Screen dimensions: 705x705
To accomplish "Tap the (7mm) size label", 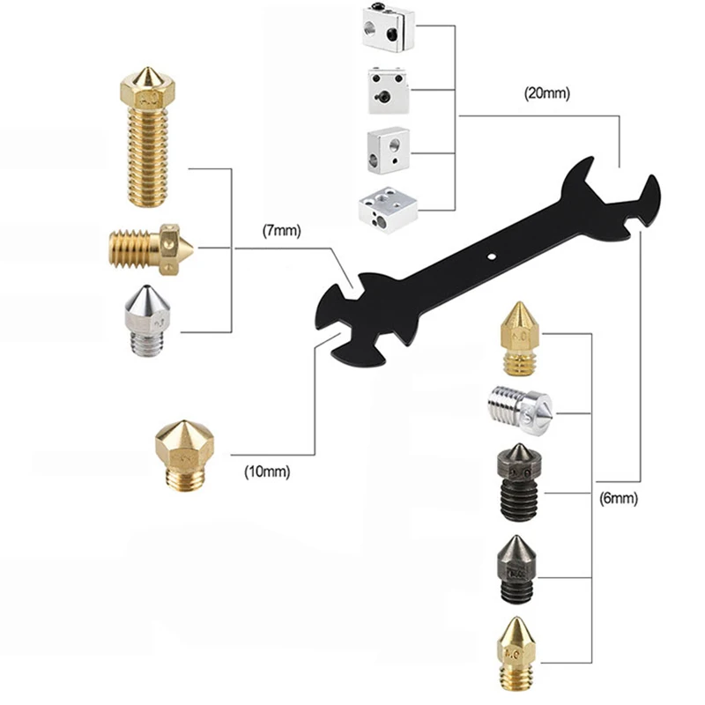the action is (282, 233).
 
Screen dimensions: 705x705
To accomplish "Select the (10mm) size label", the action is (267, 471).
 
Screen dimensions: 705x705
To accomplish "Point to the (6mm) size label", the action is (618, 499).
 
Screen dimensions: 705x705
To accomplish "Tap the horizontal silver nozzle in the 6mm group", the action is (520, 406).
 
